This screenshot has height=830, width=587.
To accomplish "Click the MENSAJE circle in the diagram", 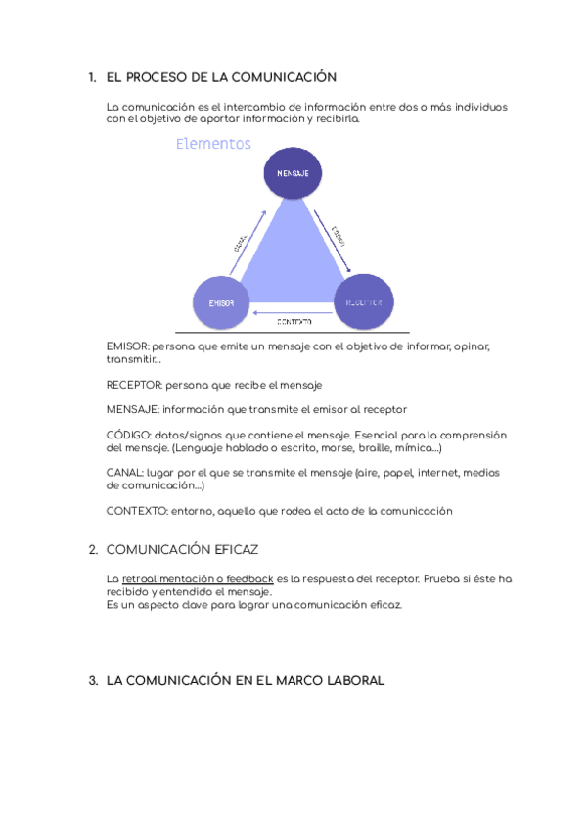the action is click(x=293, y=172).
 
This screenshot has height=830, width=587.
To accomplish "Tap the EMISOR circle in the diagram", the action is click(x=221, y=302).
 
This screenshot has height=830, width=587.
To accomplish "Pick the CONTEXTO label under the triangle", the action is click(x=293, y=322).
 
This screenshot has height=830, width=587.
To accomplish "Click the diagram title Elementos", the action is click(x=213, y=144).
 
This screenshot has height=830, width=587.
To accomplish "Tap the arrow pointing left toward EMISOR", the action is click(x=293, y=314).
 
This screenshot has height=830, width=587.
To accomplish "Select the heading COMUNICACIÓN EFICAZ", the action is click(x=182, y=550).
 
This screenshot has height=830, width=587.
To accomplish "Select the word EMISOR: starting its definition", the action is click(x=127, y=346).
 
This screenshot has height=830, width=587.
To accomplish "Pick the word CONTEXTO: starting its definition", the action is click(x=136, y=511).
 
